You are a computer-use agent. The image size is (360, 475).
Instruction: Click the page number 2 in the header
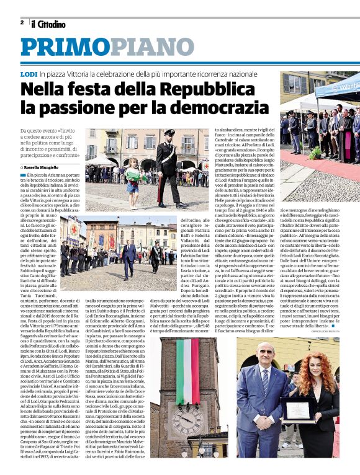(22, 23)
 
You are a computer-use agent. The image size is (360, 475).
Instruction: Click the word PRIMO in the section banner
(68, 48)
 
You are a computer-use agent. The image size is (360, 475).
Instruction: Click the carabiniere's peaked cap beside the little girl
(169, 133)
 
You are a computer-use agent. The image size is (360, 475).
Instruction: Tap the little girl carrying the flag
(132, 176)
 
